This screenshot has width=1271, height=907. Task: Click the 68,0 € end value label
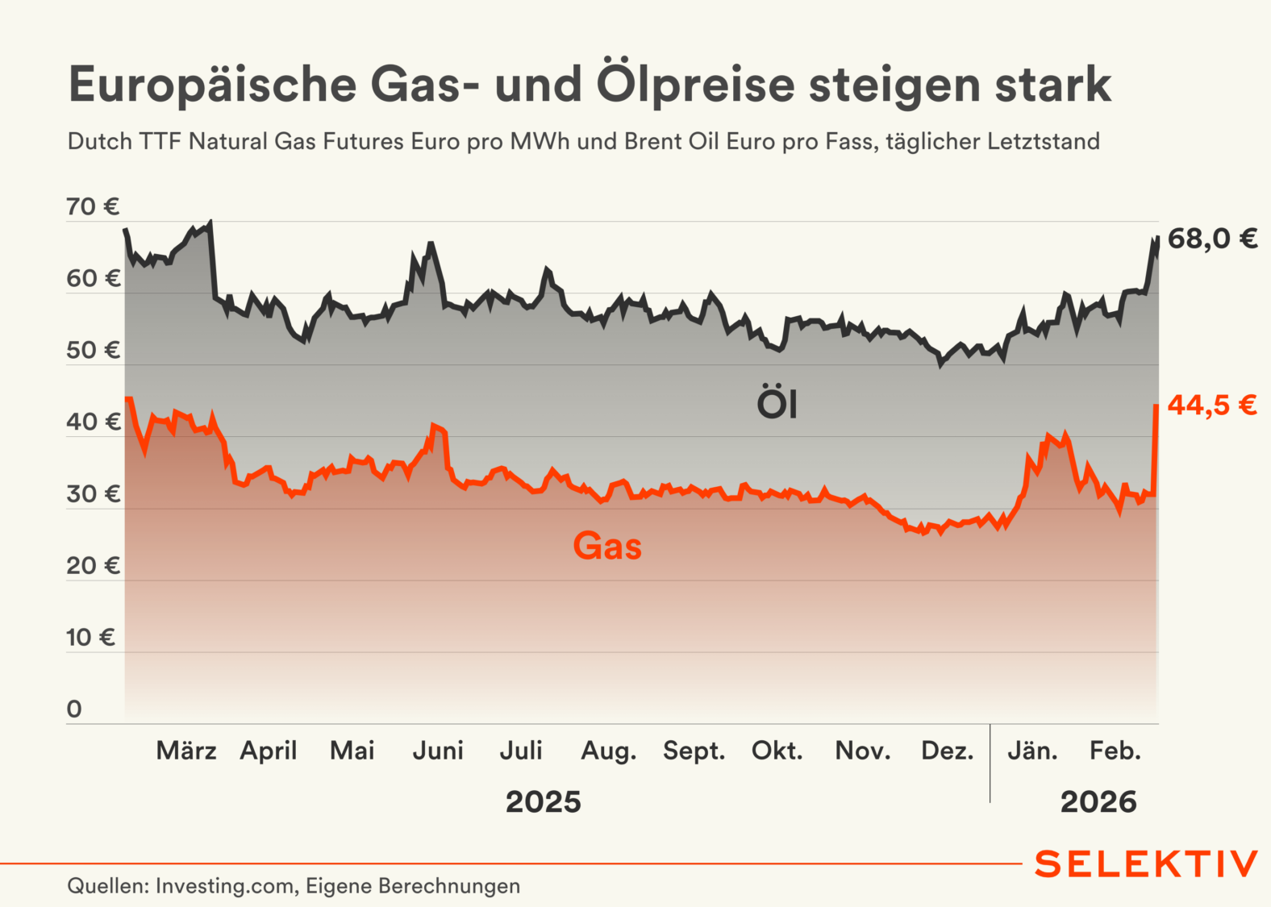[x=1212, y=239]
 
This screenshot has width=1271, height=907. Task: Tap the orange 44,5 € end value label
[x=1212, y=405]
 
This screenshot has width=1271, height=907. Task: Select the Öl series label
[x=777, y=403]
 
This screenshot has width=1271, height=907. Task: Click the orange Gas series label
[x=607, y=547]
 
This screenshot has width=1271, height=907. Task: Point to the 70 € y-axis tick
[x=93, y=207]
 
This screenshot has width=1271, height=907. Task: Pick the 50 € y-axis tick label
[x=93, y=351]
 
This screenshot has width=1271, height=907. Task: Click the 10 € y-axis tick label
[x=90, y=638]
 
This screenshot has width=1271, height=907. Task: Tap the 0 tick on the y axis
[x=74, y=709]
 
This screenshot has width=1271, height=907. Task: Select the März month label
[x=186, y=751]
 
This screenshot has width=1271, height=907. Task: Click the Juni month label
[x=438, y=751]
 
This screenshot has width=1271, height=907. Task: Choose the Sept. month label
[x=694, y=751]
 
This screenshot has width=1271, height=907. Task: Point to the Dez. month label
[x=947, y=751]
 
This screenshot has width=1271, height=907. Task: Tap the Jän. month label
[x=1032, y=751]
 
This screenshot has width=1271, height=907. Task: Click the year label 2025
[x=543, y=802]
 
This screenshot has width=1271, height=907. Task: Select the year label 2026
[x=1098, y=802]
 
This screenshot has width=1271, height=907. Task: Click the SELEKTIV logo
[x=1145, y=863]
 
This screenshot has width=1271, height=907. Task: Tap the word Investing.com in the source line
[x=224, y=886]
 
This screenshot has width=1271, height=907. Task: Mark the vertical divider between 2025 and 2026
[x=990, y=763]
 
